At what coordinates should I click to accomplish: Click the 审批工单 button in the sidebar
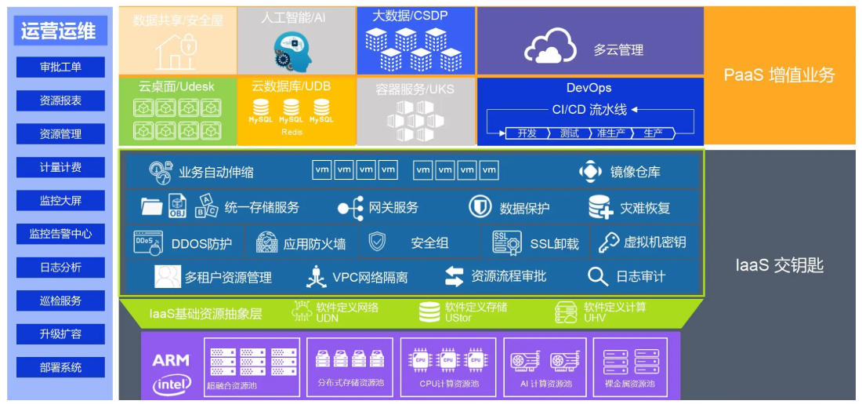tap(60, 67)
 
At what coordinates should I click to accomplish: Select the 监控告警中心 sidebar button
tap(60, 233)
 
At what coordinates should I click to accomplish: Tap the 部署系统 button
tap(60, 366)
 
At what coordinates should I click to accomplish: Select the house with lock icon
tap(176, 52)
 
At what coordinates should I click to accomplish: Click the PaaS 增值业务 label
tap(779, 75)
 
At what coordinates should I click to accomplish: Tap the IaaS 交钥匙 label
tap(779, 265)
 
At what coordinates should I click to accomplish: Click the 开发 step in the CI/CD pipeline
tap(527, 133)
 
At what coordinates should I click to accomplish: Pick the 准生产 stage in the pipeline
tap(610, 133)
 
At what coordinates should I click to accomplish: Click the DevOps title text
tap(589, 88)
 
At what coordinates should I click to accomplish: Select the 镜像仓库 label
tap(635, 172)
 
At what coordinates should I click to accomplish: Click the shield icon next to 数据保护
tap(480, 207)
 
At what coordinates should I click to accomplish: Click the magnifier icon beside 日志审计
tap(598, 276)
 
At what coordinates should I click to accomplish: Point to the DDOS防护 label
tap(201, 244)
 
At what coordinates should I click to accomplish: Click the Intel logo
tap(172, 384)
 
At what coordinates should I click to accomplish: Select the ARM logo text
tap(171, 360)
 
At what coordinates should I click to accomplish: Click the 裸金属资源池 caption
tap(630, 384)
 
